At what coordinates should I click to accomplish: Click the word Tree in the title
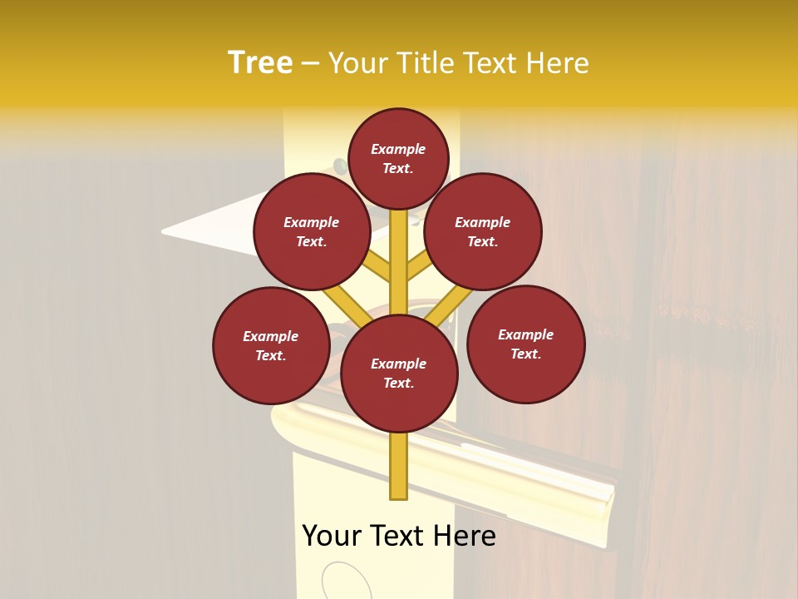click(260, 63)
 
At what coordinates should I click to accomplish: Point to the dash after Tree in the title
click(310, 64)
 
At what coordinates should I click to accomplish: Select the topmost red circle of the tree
click(398, 158)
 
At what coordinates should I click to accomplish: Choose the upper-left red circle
click(312, 231)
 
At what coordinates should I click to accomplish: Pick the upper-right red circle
click(483, 231)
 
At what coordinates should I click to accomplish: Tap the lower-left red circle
click(271, 345)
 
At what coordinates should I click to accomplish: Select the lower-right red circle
click(526, 344)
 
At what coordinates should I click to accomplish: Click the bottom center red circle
click(399, 373)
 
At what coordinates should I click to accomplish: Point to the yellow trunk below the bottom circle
click(399, 466)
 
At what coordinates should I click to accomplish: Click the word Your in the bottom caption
click(333, 536)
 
